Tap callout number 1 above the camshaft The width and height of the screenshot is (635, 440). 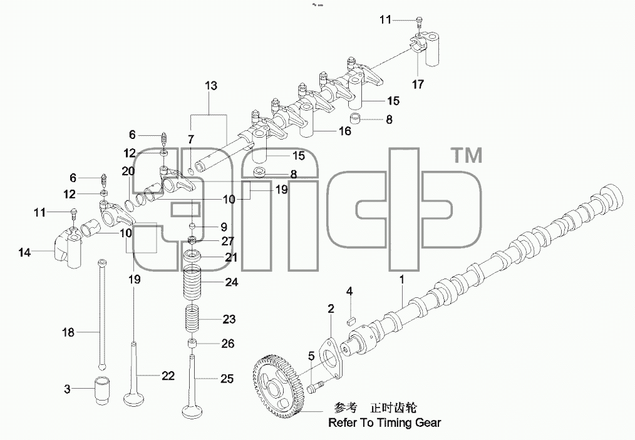click(x=402, y=279)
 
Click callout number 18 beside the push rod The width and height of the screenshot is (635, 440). click(x=68, y=332)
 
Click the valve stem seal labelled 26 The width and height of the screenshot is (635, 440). click(x=192, y=344)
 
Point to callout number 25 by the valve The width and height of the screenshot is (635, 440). click(x=227, y=379)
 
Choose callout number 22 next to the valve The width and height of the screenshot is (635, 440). click(x=168, y=376)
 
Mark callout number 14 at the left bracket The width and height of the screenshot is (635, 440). click(x=24, y=253)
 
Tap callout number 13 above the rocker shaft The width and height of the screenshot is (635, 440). click(x=211, y=86)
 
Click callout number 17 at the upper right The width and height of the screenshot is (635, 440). click(x=418, y=84)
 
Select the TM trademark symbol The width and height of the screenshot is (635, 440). click(x=467, y=155)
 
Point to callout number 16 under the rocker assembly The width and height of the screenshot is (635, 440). click(x=344, y=131)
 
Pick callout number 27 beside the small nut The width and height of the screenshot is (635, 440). click(x=227, y=241)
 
